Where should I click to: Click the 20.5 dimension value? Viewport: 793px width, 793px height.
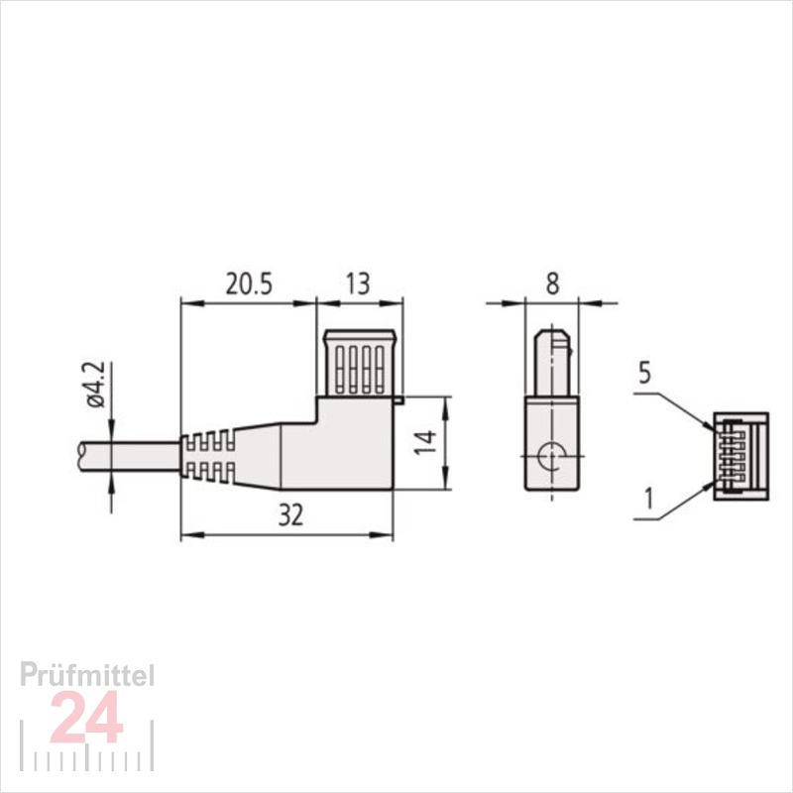(x=249, y=284)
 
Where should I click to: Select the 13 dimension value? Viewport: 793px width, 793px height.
(x=358, y=284)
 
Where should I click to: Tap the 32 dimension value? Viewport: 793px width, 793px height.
(x=290, y=515)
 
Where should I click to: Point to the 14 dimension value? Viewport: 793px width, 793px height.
(x=425, y=442)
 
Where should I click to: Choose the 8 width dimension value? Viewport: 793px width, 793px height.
(x=553, y=284)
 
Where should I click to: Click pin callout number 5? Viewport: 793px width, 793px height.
(x=644, y=374)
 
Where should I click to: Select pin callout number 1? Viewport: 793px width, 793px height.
(x=649, y=499)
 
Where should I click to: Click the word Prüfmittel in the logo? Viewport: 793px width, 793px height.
(x=87, y=676)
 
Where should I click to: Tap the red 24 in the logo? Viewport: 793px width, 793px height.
(x=87, y=717)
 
